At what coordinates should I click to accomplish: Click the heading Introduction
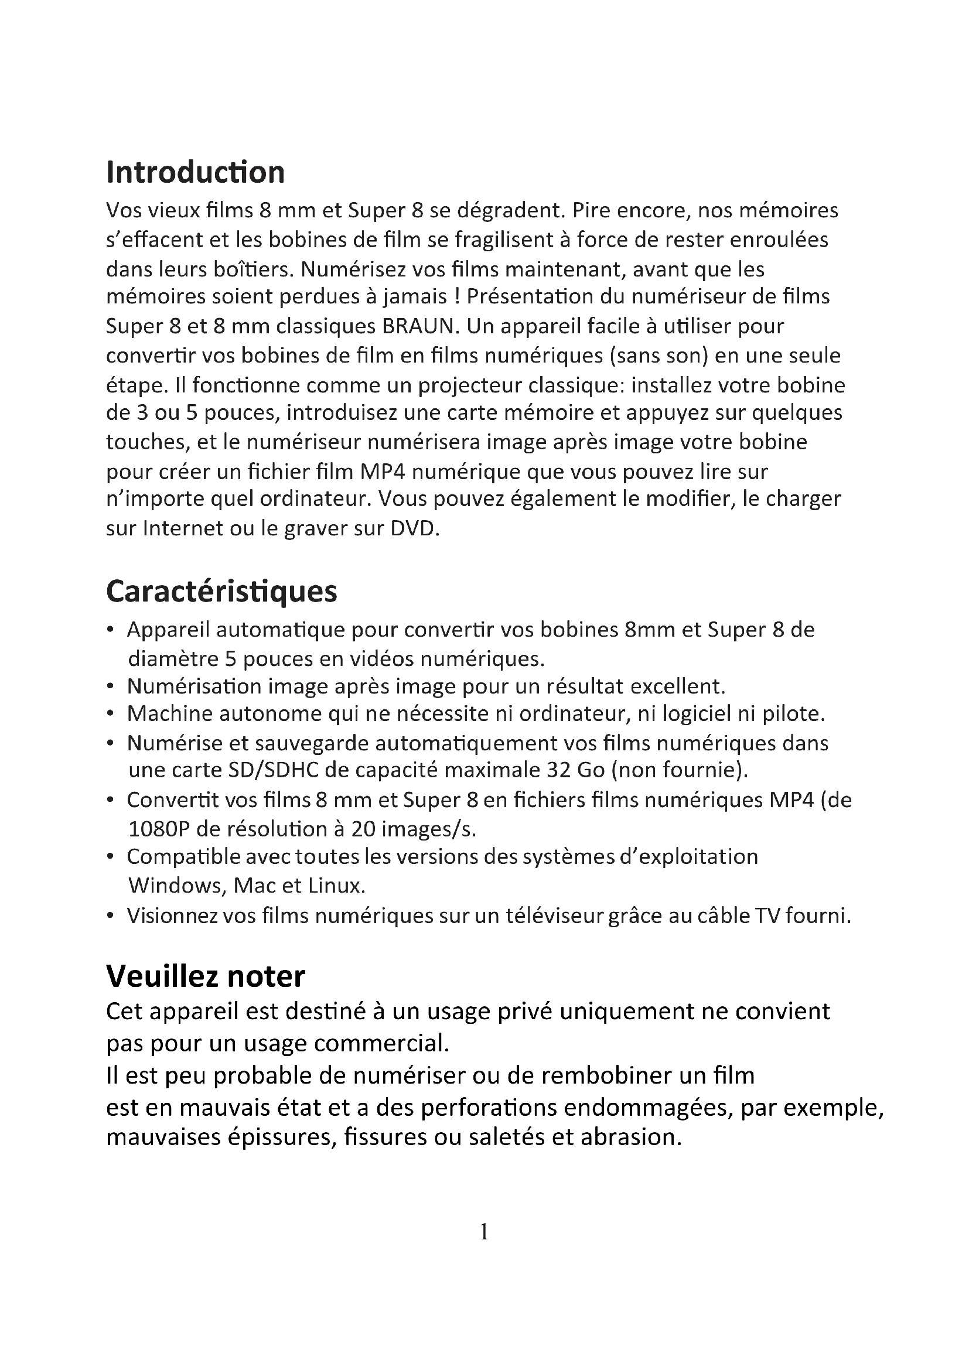[x=195, y=172]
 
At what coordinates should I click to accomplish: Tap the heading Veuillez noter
[x=205, y=977]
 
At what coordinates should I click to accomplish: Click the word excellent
[x=677, y=686]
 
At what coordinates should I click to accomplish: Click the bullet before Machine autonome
[x=110, y=713]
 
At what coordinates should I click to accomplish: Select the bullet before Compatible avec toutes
[x=110, y=857]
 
